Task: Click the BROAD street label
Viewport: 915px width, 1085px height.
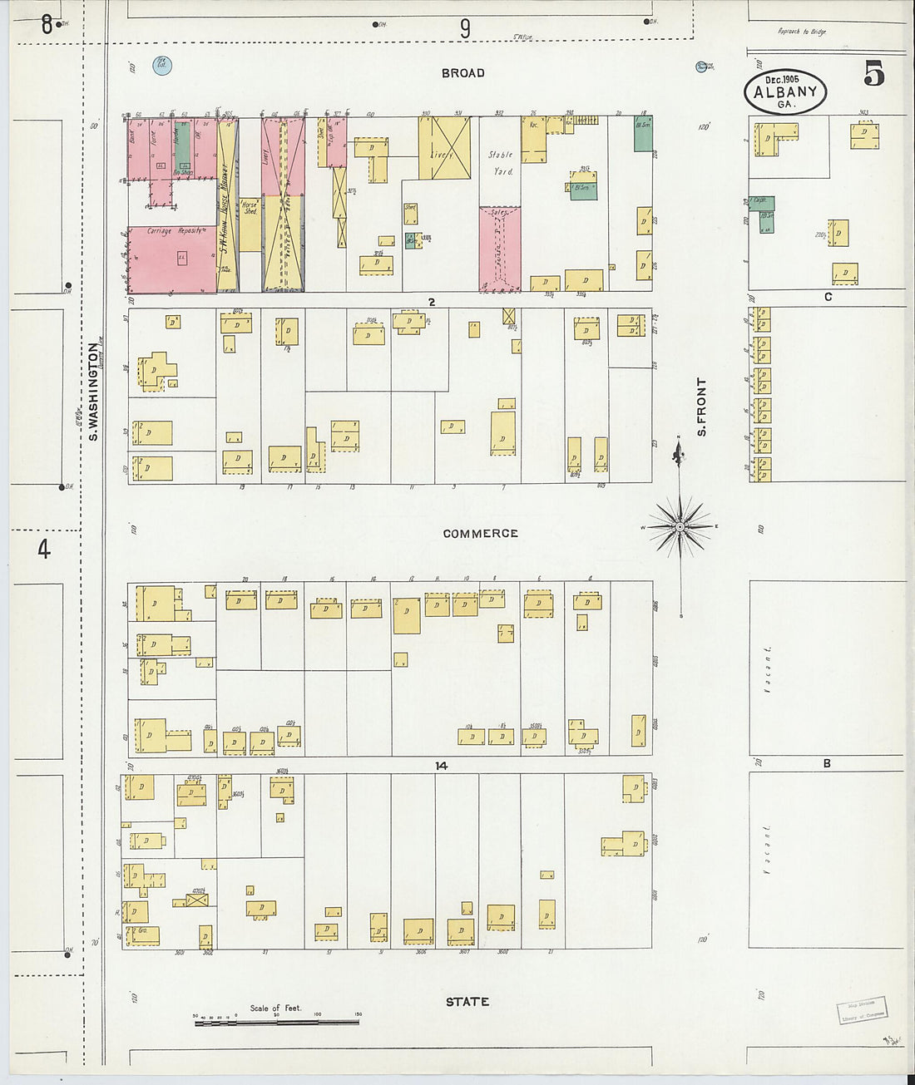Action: [x=462, y=73]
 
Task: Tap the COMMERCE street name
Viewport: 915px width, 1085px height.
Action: [x=480, y=534]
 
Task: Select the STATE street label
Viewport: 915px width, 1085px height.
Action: [x=467, y=1002]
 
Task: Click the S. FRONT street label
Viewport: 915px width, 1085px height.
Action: [x=702, y=407]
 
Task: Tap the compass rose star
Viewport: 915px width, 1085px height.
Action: [x=680, y=527]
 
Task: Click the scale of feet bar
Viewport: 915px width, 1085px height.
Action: [x=276, y=1022]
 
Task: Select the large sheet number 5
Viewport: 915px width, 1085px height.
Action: [x=873, y=75]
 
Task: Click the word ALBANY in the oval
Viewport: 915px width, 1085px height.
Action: [x=784, y=92]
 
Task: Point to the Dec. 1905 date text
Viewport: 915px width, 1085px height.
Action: [x=781, y=79]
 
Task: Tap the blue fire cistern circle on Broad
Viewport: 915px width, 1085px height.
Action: [x=162, y=66]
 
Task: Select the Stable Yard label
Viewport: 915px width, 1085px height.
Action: [x=500, y=163]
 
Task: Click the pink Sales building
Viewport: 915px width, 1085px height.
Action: [x=499, y=249]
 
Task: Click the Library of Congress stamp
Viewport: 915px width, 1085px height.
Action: [x=862, y=1012]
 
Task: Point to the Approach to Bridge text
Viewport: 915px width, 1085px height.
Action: [x=802, y=32]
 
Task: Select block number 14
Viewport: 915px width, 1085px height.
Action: [x=441, y=766]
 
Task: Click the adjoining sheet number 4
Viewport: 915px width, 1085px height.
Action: [x=43, y=549]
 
